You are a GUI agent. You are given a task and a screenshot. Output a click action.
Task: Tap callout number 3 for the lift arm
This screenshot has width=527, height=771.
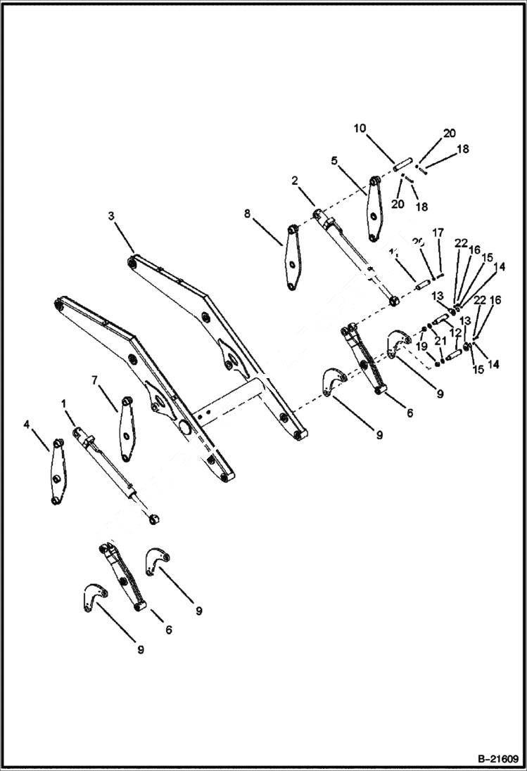point(111,216)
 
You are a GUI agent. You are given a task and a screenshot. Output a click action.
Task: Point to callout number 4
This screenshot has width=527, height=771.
point(27,425)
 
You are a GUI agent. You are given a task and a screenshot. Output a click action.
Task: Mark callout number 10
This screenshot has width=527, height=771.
point(360,128)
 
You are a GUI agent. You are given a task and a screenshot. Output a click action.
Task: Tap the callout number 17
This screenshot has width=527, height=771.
point(438,233)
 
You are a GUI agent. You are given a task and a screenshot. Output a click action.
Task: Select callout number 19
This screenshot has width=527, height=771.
point(421,346)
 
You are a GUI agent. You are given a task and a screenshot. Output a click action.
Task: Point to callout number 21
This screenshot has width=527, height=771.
point(441,341)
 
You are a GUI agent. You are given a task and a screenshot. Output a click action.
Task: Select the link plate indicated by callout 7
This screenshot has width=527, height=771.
point(127,429)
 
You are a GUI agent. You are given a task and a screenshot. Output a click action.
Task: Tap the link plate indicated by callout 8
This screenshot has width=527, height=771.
point(293,257)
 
